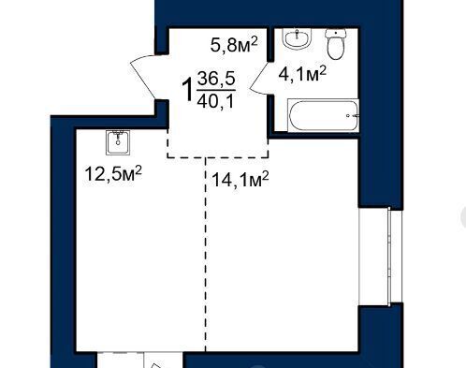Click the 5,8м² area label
(234, 45)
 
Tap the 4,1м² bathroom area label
(302, 74)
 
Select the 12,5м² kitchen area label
(113, 173)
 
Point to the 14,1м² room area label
(240, 179)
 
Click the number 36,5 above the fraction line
(216, 79)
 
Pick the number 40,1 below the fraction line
(215, 101)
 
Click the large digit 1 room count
(188, 90)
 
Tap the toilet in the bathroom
(336, 44)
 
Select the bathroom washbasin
(298, 38)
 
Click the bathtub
(323, 115)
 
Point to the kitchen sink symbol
(118, 142)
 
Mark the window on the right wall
(380, 256)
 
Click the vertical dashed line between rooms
(206, 255)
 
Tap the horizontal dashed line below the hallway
(218, 156)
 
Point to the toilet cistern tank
(336, 34)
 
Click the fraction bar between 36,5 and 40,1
(216, 90)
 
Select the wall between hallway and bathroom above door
(270, 45)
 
